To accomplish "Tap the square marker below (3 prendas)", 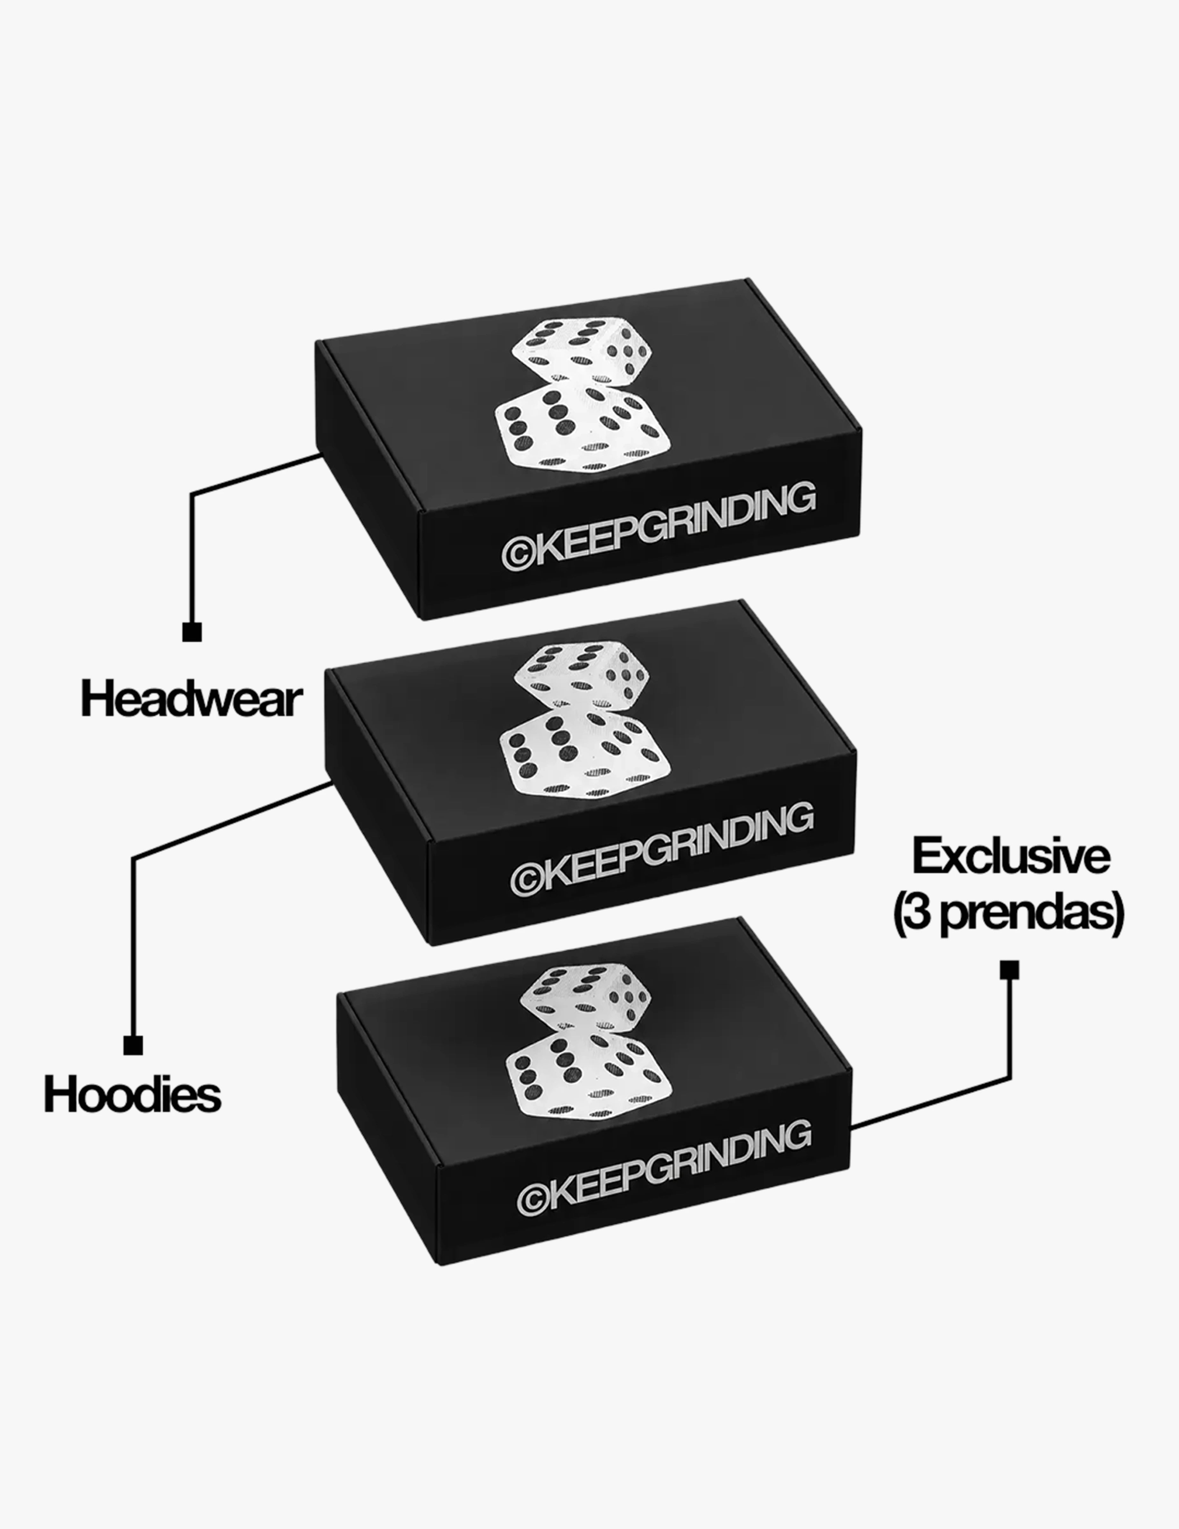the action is [1009, 970].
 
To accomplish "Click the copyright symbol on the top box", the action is [519, 552].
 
